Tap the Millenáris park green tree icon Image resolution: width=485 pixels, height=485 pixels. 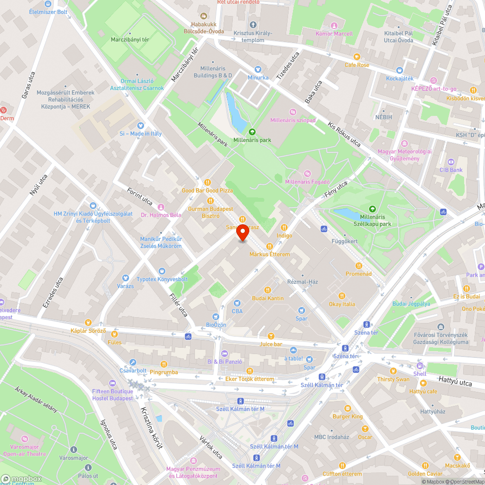coord(252,131)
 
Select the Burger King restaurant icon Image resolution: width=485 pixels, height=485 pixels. coord(347,408)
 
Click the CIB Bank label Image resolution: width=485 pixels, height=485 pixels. coord(451,170)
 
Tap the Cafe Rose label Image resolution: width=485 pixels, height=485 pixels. coord(357,65)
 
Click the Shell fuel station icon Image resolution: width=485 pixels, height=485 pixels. coord(420,366)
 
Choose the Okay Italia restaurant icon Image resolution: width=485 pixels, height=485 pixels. coord(342,296)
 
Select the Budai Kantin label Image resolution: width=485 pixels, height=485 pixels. coord(267,298)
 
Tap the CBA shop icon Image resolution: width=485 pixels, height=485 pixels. coord(237,303)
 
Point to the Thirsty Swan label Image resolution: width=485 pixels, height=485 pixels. coord(393,379)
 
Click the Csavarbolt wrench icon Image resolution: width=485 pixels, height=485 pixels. coord(133,362)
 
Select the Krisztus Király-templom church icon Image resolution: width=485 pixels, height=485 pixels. coord(252,25)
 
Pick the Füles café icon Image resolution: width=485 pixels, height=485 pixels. coord(114,334)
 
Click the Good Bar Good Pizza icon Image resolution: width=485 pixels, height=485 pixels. coord(207,182)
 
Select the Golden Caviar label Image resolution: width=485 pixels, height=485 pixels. coord(425,474)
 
